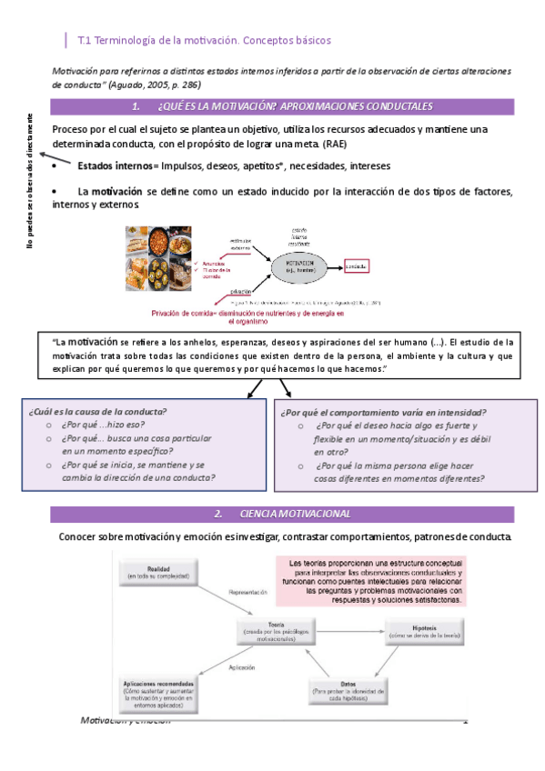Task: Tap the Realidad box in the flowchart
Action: pyautogui.click(x=159, y=573)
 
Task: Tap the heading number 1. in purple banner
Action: pyautogui.click(x=136, y=107)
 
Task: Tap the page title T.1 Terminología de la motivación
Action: pyautogui.click(x=205, y=41)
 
